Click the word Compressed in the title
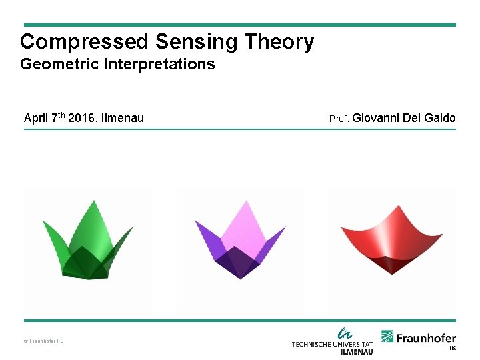pos(85,42)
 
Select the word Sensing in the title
pos(197,42)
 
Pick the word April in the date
pos(35,119)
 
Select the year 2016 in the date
pos(81,119)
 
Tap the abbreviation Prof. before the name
pos(339,119)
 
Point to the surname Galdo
pos(440,119)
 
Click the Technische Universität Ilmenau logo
pos(332,341)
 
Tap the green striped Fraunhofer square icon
pos(387,337)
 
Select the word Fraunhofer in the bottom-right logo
pos(427,338)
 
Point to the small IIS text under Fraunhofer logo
pos(452,348)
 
